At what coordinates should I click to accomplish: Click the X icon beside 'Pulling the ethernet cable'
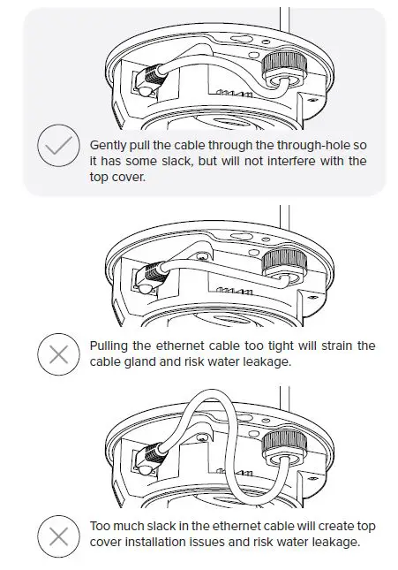point(59,354)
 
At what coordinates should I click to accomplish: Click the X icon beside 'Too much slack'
point(59,535)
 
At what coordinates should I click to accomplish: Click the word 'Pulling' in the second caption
point(111,346)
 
